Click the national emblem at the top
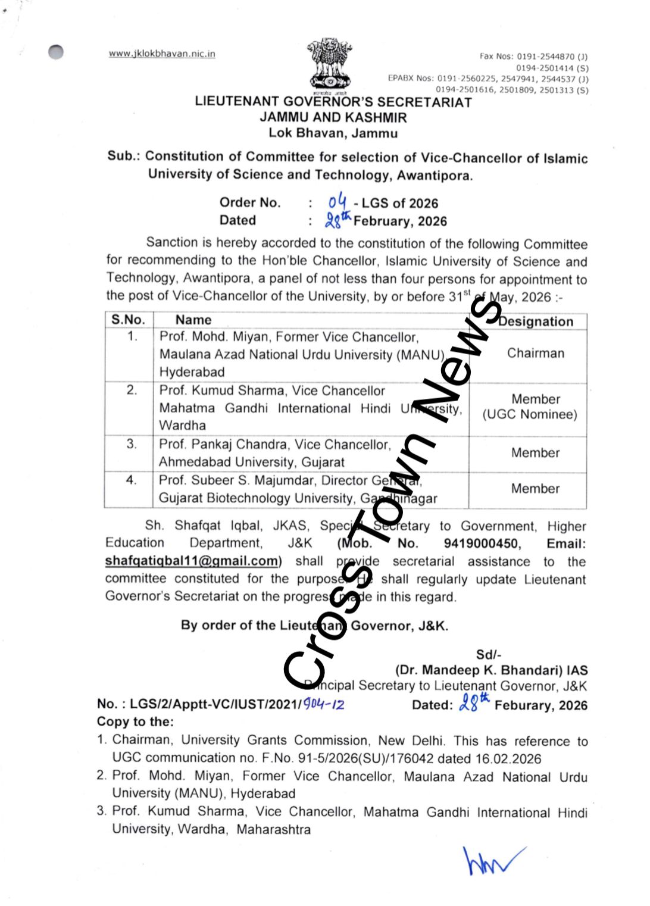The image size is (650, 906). tap(329, 64)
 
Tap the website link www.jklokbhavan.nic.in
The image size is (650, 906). tap(162, 54)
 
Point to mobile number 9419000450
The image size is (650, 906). tap(482, 543)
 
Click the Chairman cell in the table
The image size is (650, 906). tap(535, 353)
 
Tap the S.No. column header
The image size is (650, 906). tap(128, 320)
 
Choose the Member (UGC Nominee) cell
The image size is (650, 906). tap(530, 407)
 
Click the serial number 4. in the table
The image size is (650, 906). tap(131, 480)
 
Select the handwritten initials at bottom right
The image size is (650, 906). tap(491, 861)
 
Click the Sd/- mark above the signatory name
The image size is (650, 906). tap(489, 655)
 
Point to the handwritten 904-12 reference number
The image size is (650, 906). tap(324, 704)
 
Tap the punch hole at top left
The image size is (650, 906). tap(56, 52)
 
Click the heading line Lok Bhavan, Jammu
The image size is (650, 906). tap(333, 133)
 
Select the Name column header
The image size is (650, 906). tap(193, 320)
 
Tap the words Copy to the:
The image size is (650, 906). tap(135, 721)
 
